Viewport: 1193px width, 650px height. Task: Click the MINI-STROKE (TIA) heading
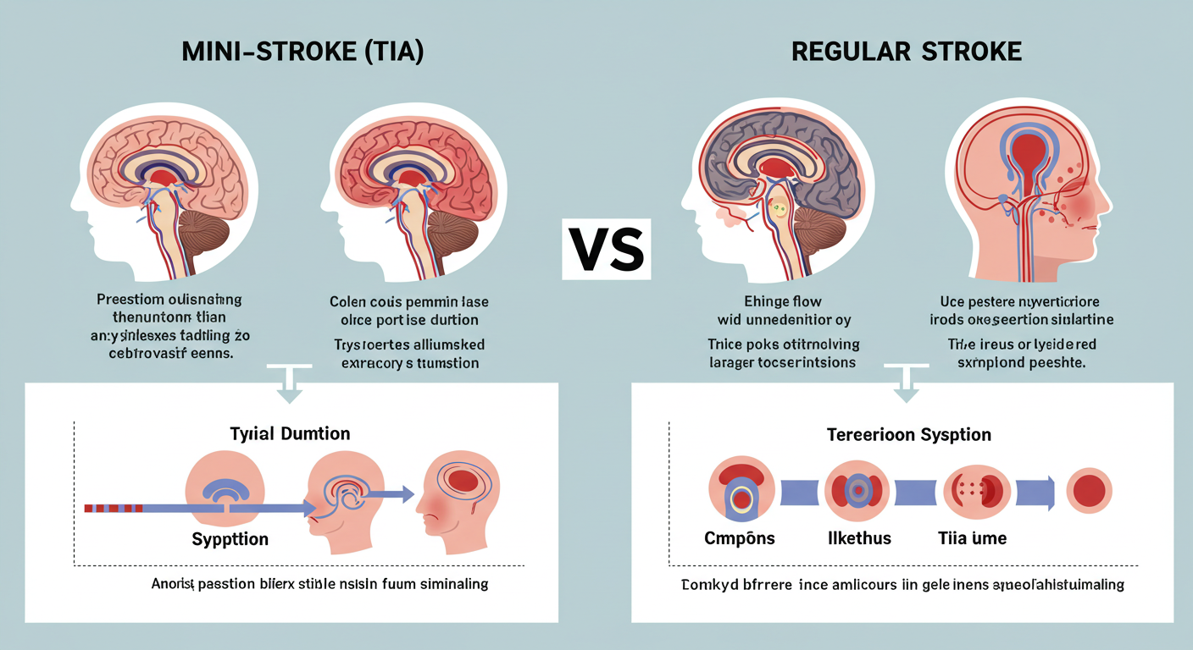click(302, 52)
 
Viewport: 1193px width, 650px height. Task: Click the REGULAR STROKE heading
click(907, 52)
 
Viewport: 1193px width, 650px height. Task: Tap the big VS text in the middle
click(606, 251)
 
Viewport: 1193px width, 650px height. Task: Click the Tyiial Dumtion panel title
click(290, 433)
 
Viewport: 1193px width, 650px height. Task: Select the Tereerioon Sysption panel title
click(909, 435)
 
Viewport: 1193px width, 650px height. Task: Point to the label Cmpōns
click(739, 538)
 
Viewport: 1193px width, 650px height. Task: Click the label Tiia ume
click(972, 538)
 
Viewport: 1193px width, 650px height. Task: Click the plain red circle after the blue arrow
click(1088, 491)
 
